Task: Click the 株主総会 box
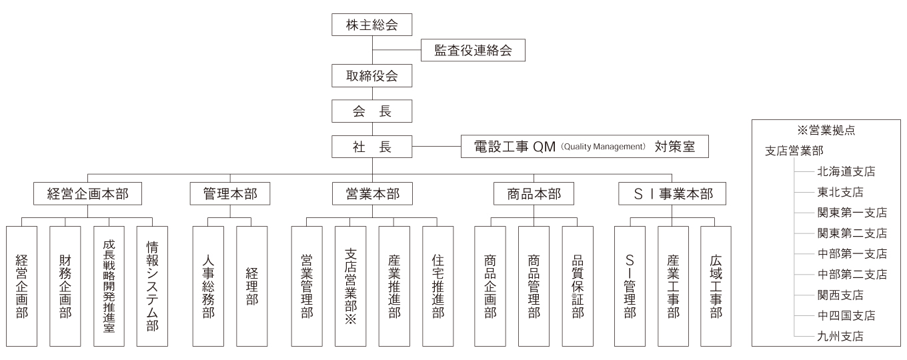tap(371, 25)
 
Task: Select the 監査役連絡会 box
tap(473, 50)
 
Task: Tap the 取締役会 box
tap(371, 76)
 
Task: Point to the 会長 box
tap(371, 111)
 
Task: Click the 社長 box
tap(371, 147)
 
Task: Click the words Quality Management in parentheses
tap(603, 147)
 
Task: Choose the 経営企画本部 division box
tap(87, 193)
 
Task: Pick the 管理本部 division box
tap(230, 193)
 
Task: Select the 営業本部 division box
tap(372, 193)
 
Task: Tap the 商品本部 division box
tap(534, 193)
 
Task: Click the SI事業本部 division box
tap(672, 193)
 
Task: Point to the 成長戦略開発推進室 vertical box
tap(109, 286)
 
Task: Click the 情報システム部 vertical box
tap(152, 286)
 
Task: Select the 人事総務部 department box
tap(208, 286)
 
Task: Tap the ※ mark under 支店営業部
tap(351, 319)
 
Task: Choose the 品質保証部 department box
tap(578, 286)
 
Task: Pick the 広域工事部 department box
tap(716, 286)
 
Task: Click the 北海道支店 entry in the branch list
tap(846, 172)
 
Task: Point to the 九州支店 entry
tap(840, 336)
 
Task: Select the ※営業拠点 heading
tap(826, 130)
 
